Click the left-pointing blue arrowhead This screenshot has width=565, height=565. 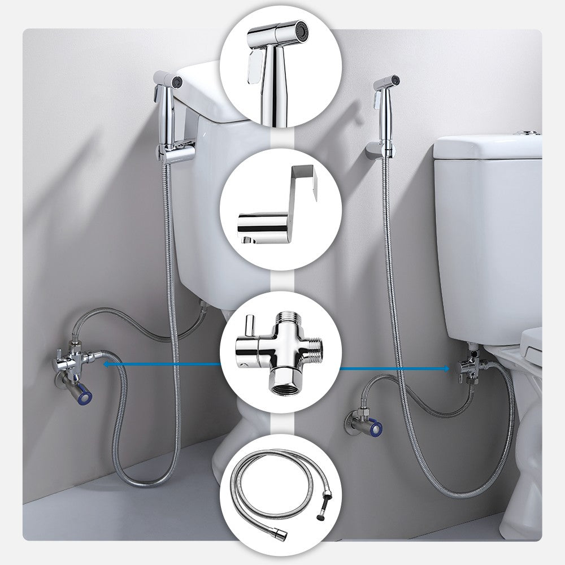[107, 365]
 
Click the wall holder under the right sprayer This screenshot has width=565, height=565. [377, 150]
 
